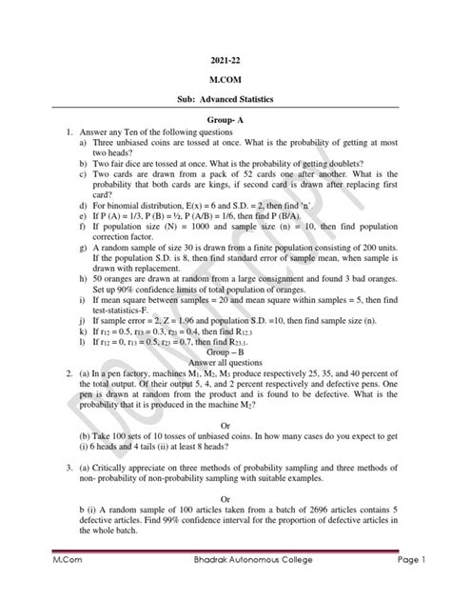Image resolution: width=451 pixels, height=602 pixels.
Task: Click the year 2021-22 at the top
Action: (225, 56)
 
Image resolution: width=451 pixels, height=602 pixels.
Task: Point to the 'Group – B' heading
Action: (225, 351)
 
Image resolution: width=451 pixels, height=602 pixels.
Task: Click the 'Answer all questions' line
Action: (225, 361)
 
